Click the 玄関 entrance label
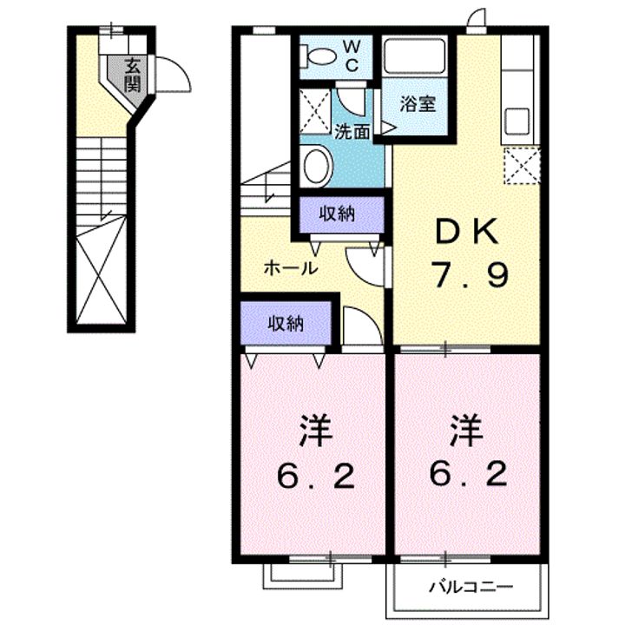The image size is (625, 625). pos(132,75)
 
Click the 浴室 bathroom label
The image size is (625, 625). pos(418,104)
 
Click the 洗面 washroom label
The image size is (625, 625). pos(353,132)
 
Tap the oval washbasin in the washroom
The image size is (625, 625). pos(316,165)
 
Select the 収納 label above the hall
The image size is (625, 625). pos(337,214)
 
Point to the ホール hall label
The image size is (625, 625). pos(290,268)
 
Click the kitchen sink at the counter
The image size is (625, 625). pos(518,122)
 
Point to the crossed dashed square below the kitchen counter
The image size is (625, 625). pos(521,166)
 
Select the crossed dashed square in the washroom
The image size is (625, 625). pos(315,111)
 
